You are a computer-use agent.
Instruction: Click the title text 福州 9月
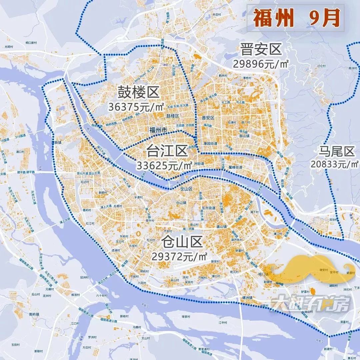coord(296,19)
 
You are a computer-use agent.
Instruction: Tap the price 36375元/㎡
coord(136,107)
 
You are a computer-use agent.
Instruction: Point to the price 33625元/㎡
coord(165,165)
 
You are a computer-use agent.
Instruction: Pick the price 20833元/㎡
coord(335,164)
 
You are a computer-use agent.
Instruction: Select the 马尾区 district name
coord(335,152)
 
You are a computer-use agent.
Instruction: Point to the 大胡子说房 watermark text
coord(310,304)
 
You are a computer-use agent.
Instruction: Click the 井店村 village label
coord(217,15)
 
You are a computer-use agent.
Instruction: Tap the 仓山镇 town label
coord(181,203)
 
